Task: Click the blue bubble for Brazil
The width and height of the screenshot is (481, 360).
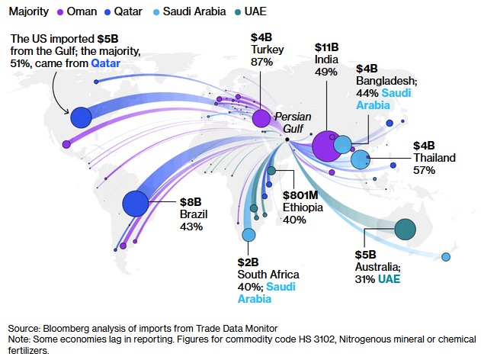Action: [135, 204]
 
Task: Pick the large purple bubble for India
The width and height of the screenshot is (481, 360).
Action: [325, 146]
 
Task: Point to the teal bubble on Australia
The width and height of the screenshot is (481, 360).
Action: [405, 229]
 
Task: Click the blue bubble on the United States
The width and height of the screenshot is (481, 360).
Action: [80, 118]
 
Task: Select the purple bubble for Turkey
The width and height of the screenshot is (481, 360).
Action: [261, 118]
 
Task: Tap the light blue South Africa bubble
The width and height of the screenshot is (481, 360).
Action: [249, 234]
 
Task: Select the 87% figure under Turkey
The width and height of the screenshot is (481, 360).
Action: [261, 62]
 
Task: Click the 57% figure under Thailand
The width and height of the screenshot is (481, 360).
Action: [424, 170]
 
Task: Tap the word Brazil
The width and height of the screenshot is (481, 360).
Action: [194, 214]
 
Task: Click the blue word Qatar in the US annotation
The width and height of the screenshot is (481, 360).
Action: [105, 63]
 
